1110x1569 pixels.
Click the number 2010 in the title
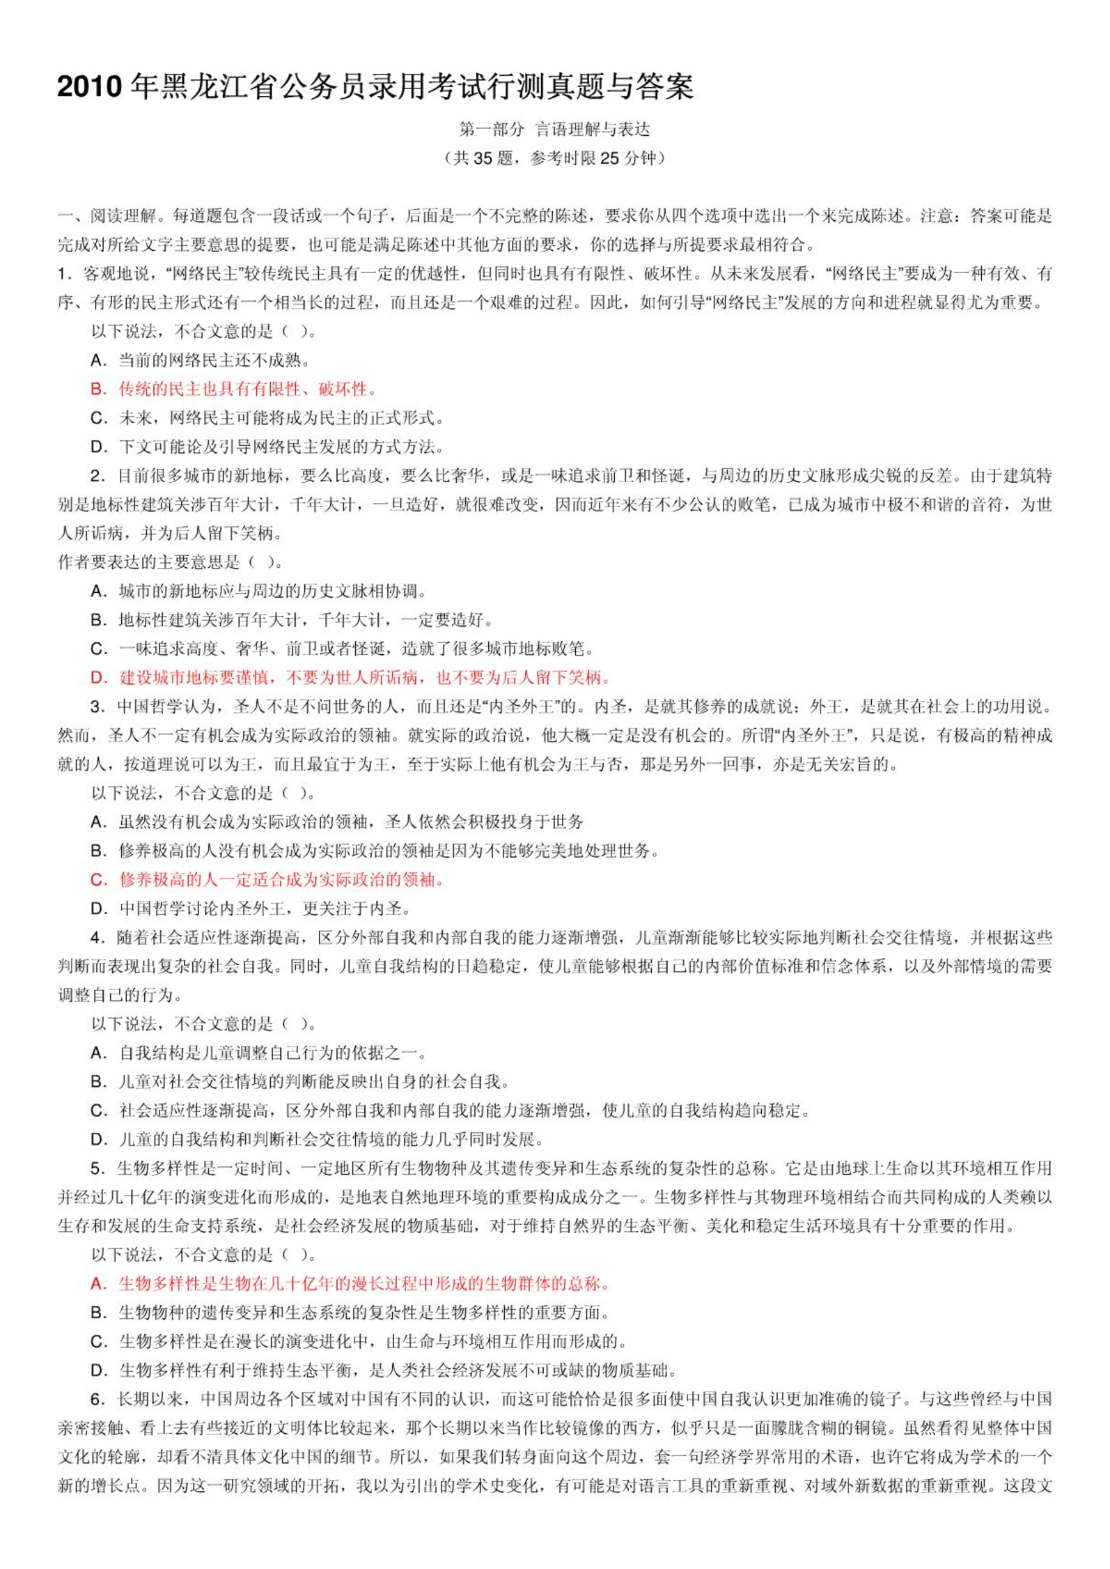coord(89,87)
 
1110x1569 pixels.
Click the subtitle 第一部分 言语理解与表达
coord(554,130)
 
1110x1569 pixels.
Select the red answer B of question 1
coord(234,389)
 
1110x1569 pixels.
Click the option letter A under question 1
coord(98,360)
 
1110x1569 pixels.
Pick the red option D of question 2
coord(352,677)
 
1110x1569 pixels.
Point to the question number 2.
coord(97,476)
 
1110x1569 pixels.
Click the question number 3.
coord(97,706)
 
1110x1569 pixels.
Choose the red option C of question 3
coord(267,879)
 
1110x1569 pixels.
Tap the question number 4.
coord(97,937)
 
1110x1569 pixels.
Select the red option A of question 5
coord(351,1283)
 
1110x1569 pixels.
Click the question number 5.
coord(97,1168)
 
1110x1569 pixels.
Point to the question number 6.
coord(97,1399)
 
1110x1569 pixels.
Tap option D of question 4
coord(317,1139)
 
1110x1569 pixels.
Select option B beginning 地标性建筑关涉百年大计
coord(292,620)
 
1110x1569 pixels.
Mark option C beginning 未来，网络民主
coord(267,418)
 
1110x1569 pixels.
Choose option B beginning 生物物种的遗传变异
coord(351,1313)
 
